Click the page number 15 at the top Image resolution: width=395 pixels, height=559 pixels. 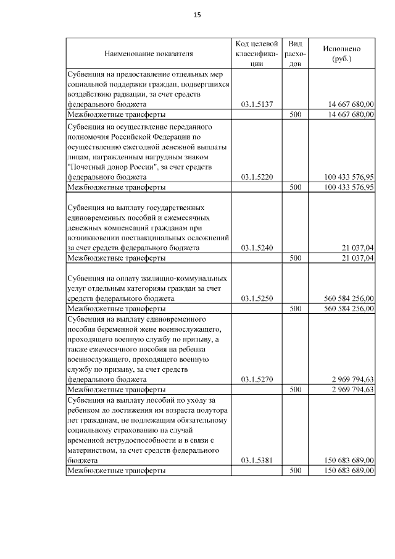pyautogui.click(x=197, y=15)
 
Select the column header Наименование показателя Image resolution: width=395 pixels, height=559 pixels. pyautogui.click(x=149, y=54)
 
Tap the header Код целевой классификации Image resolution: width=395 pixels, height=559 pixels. pyautogui.click(x=257, y=53)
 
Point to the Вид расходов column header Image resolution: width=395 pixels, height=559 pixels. pyautogui.click(x=296, y=53)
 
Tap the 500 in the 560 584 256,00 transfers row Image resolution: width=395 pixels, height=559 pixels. pyautogui.click(x=296, y=308)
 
